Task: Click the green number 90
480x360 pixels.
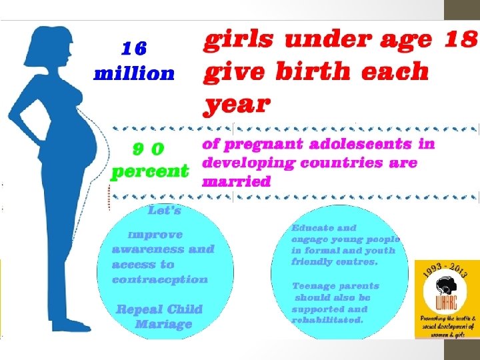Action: (x=148, y=147)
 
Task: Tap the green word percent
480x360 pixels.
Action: (x=149, y=171)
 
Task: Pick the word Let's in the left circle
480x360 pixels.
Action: (x=164, y=211)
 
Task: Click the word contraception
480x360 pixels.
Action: (x=160, y=279)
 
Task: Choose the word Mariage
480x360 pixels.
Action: (x=163, y=325)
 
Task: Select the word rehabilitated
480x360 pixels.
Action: (x=327, y=320)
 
